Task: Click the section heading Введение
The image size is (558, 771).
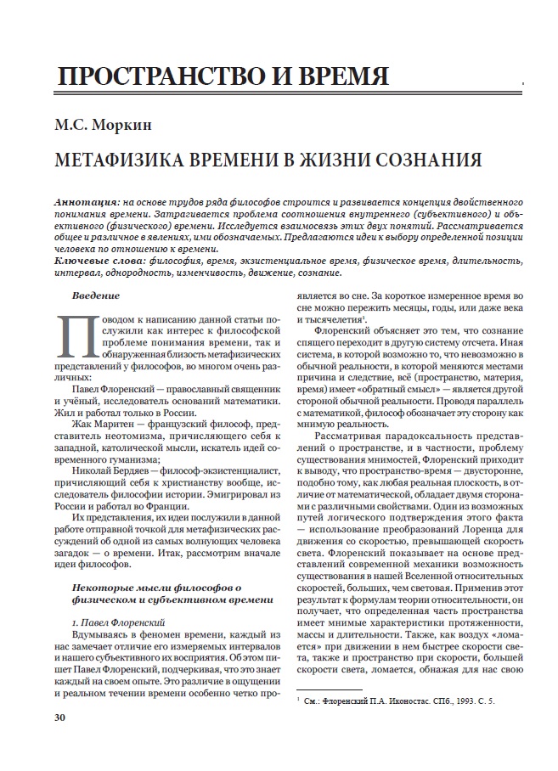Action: click(x=96, y=295)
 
